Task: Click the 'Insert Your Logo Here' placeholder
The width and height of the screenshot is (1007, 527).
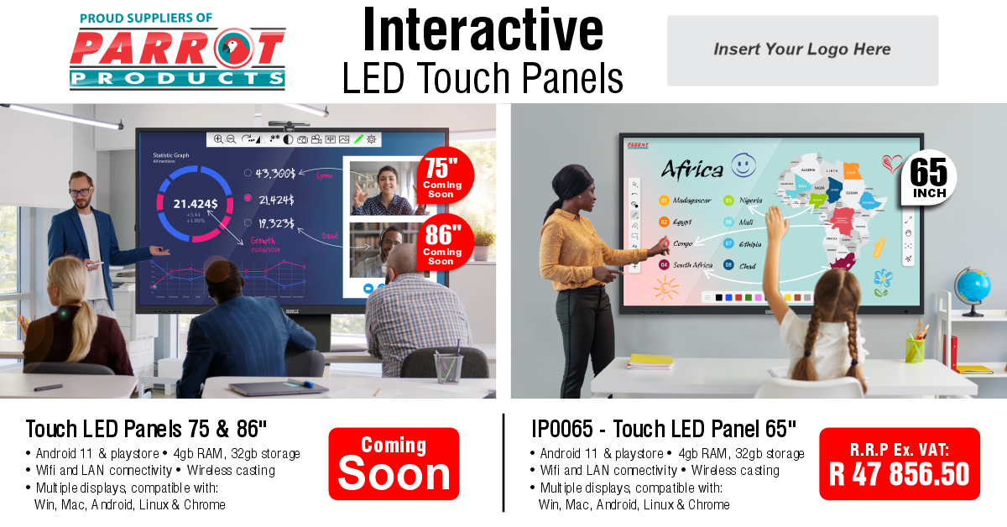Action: (802, 50)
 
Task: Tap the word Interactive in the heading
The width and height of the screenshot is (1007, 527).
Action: (483, 31)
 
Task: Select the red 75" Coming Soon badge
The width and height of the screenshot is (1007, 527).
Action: (444, 177)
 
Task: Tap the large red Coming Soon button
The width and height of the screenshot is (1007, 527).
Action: (394, 464)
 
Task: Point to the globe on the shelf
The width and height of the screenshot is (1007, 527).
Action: (973, 287)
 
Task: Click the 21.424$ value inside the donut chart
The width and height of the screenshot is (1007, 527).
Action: (196, 203)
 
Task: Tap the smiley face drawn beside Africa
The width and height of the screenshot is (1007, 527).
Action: (744, 165)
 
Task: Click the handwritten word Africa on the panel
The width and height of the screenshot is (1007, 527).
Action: (691, 170)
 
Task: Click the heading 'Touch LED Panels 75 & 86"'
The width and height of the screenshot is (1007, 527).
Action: (146, 429)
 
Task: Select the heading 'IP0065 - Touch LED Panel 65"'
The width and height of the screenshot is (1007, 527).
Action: (663, 429)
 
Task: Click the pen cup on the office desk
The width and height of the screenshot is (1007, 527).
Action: (448, 366)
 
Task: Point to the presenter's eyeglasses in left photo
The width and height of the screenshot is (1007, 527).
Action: (80, 191)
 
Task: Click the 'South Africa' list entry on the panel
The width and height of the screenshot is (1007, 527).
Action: (691, 265)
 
